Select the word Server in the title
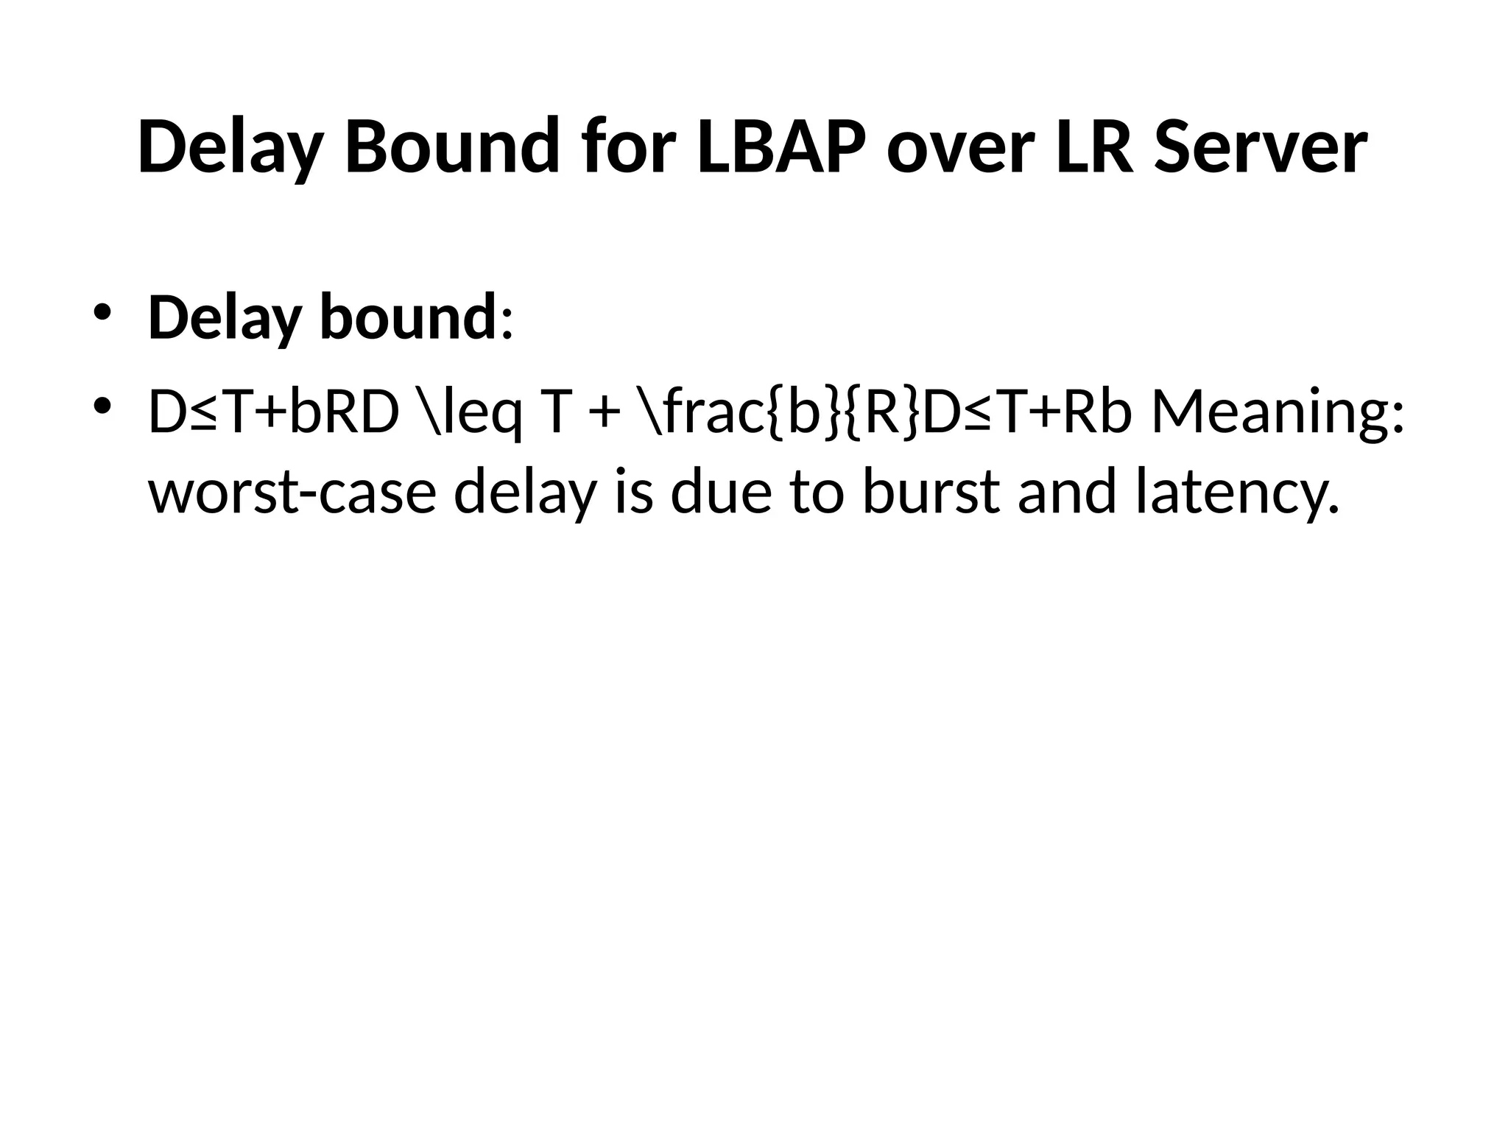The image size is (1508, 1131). pos(1260,147)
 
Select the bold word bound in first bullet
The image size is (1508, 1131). pos(409,318)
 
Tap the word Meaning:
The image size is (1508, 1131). pos(1278,414)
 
